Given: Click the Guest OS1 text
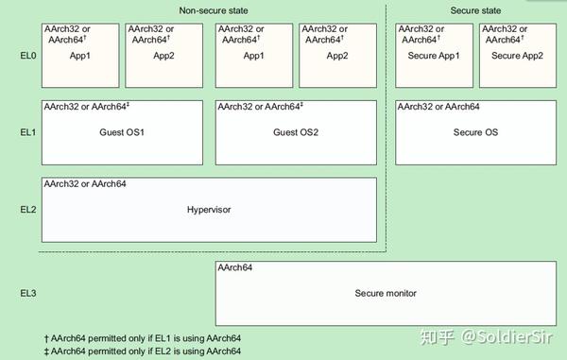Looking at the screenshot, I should (122, 131).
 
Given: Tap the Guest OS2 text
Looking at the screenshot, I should (296, 131).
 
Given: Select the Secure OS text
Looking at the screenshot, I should (475, 131).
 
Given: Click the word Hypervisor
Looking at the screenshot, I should (209, 208).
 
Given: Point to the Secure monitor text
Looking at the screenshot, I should (386, 294).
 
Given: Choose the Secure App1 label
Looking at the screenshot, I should (434, 56).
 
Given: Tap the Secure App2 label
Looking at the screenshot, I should (518, 56).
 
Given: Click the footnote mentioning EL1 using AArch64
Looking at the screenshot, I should (143, 338).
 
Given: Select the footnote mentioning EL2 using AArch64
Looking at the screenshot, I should (143, 351).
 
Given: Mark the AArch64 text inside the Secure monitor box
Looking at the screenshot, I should (234, 269).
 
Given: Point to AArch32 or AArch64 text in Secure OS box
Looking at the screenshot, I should (438, 107).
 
